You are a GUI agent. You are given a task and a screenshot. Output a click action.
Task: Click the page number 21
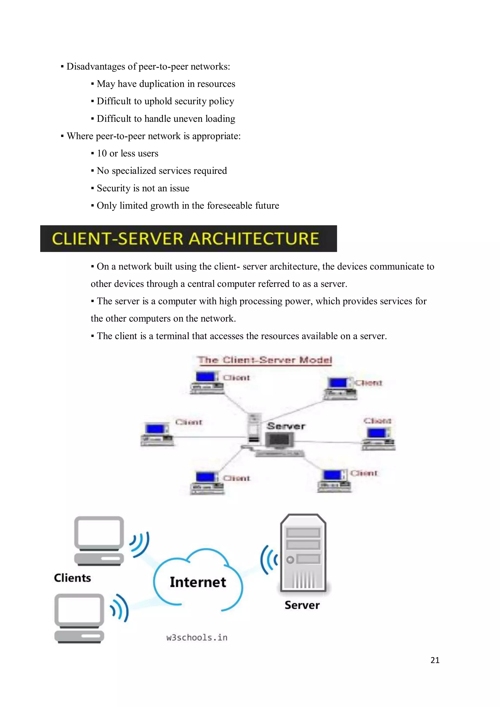pos(435,660)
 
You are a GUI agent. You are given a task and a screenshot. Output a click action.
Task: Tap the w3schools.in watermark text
pos(197,637)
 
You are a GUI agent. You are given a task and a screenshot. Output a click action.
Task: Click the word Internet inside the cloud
pos(198,582)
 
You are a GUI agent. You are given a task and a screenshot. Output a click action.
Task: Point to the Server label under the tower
pos(302,605)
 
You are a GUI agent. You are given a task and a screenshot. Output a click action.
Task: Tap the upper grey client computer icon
pos(99,541)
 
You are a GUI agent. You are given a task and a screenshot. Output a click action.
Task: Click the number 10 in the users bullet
pos(102,153)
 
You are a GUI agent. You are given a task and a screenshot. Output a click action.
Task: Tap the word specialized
pos(134,171)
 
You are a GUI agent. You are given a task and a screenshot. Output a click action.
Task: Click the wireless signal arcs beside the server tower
pos(269,560)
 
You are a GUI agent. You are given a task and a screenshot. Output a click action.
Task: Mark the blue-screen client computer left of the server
pos(157,434)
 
